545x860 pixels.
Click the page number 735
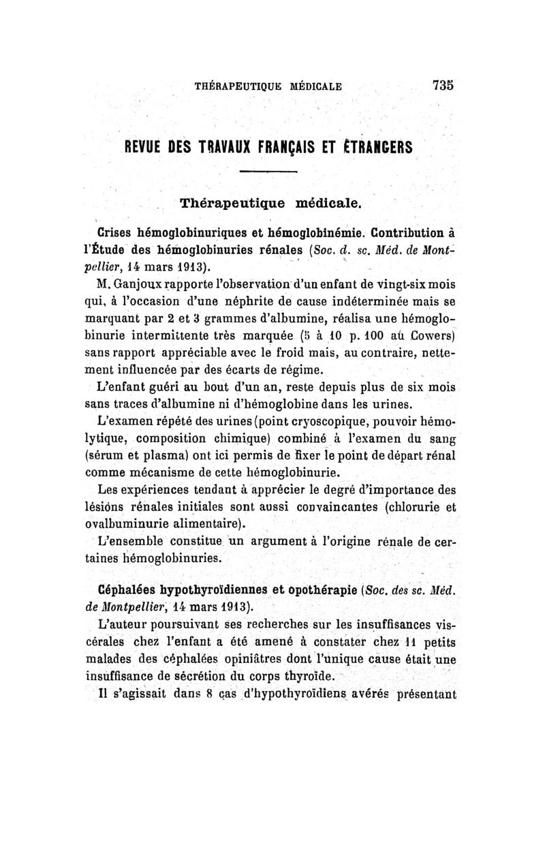442,86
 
